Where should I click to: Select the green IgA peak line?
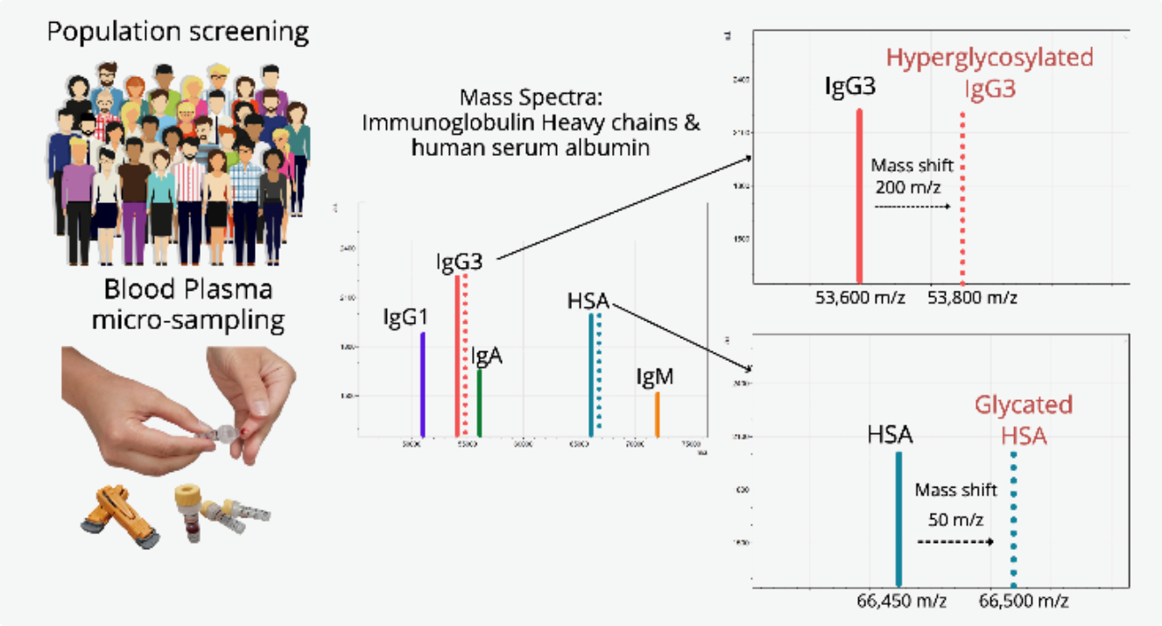[x=479, y=403]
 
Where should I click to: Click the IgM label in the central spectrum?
[x=655, y=378]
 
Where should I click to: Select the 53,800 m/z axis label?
[x=972, y=298]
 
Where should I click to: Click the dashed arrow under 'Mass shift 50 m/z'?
[x=955, y=542]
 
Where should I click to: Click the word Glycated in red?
[x=1024, y=405]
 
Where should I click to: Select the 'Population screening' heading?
[x=178, y=32]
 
